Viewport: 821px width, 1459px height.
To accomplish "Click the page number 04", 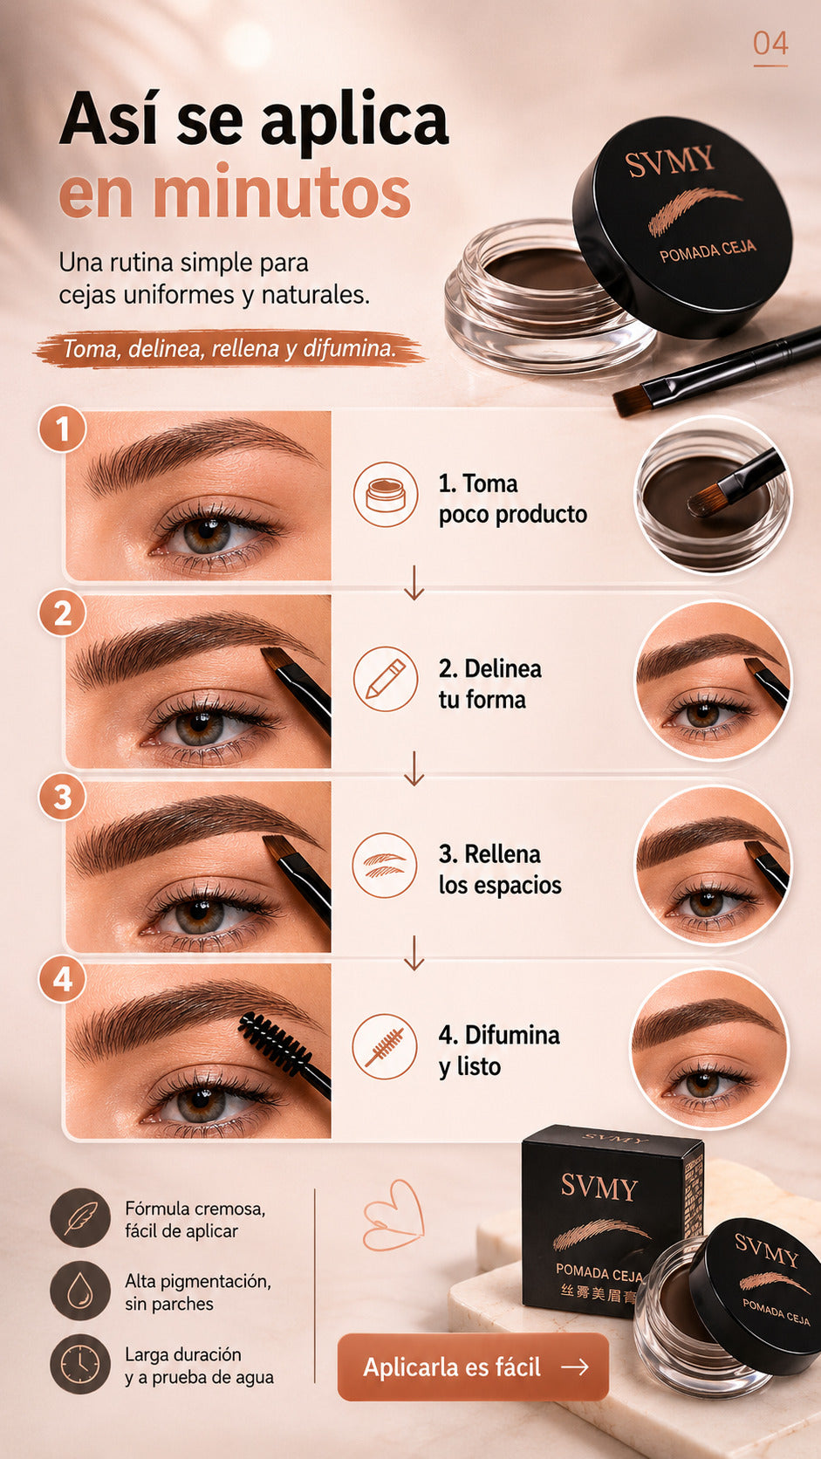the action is (770, 44).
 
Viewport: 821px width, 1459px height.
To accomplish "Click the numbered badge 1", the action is (63, 429).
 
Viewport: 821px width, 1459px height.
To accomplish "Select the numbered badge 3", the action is (63, 797).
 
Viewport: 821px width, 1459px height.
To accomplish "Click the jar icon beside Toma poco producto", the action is (386, 495).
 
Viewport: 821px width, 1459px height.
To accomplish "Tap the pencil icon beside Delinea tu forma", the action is (386, 679).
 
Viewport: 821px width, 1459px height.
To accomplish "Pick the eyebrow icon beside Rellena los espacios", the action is (385, 865).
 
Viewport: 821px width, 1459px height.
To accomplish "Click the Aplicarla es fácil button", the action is (474, 1367).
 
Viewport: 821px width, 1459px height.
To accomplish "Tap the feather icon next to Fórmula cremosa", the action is (81, 1216).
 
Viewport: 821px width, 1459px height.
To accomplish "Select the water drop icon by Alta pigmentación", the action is (81, 1290).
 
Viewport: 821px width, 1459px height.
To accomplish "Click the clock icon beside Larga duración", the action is (81, 1363).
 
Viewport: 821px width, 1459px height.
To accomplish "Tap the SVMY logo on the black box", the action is (599, 1188).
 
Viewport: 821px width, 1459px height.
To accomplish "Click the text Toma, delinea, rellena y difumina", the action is (229, 348).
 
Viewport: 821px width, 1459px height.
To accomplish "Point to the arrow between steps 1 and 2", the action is (414, 582).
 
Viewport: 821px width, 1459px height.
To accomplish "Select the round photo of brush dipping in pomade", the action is (714, 495).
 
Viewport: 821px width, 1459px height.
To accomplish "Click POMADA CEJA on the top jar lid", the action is (708, 250).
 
